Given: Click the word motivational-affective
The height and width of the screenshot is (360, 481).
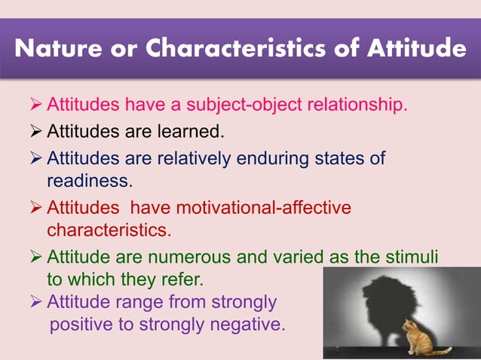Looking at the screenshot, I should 268,207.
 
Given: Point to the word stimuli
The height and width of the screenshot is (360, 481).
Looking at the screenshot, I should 412,257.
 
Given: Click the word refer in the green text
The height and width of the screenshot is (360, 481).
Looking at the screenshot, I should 179,279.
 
